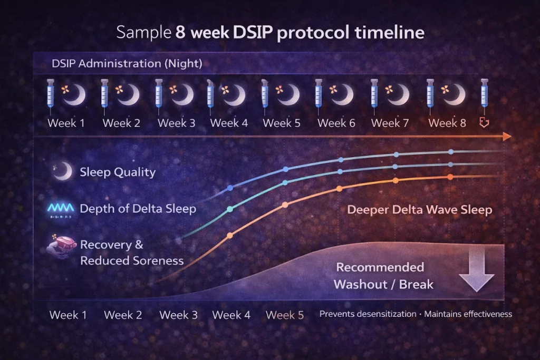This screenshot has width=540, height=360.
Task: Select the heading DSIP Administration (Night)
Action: (x=127, y=64)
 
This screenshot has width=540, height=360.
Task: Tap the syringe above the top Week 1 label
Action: (x=51, y=95)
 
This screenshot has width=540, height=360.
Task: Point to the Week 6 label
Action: (x=336, y=123)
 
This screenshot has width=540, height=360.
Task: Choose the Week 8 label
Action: (x=447, y=123)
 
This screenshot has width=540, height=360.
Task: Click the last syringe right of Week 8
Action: (x=484, y=95)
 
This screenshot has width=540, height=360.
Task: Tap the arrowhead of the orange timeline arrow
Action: (x=507, y=137)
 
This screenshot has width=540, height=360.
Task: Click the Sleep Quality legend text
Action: (x=117, y=172)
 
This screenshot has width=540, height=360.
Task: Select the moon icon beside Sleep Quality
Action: (x=63, y=171)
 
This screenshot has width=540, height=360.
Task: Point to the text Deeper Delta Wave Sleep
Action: (x=419, y=210)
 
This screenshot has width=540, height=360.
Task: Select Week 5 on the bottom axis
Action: (x=285, y=315)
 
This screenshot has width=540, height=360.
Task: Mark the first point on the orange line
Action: (x=229, y=236)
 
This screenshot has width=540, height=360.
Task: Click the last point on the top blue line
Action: (x=451, y=152)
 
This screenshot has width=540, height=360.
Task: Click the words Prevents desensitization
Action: (x=368, y=314)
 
